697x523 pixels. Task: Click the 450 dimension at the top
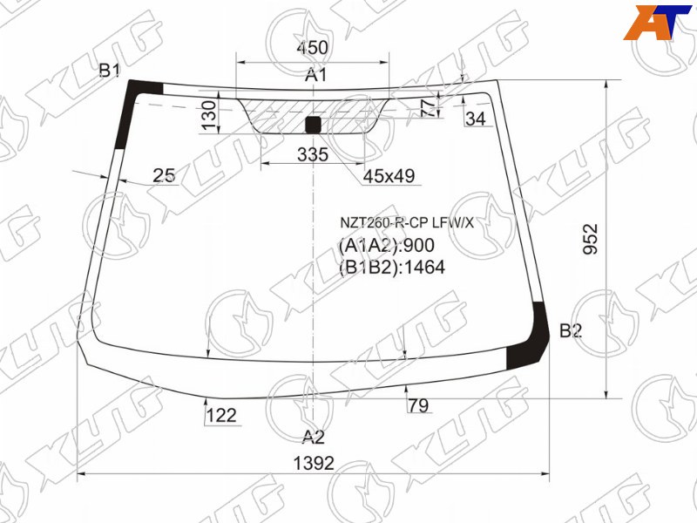(x=312, y=48)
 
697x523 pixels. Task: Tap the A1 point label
(x=315, y=75)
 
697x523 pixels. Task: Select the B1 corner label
(x=110, y=71)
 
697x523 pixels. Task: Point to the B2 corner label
(x=571, y=330)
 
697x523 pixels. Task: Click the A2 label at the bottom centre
(x=314, y=438)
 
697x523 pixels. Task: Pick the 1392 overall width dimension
(x=314, y=464)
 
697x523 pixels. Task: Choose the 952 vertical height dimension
(x=591, y=239)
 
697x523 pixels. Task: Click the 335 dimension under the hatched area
(x=313, y=154)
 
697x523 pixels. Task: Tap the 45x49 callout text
(x=389, y=176)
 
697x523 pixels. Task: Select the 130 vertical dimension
(x=209, y=116)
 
